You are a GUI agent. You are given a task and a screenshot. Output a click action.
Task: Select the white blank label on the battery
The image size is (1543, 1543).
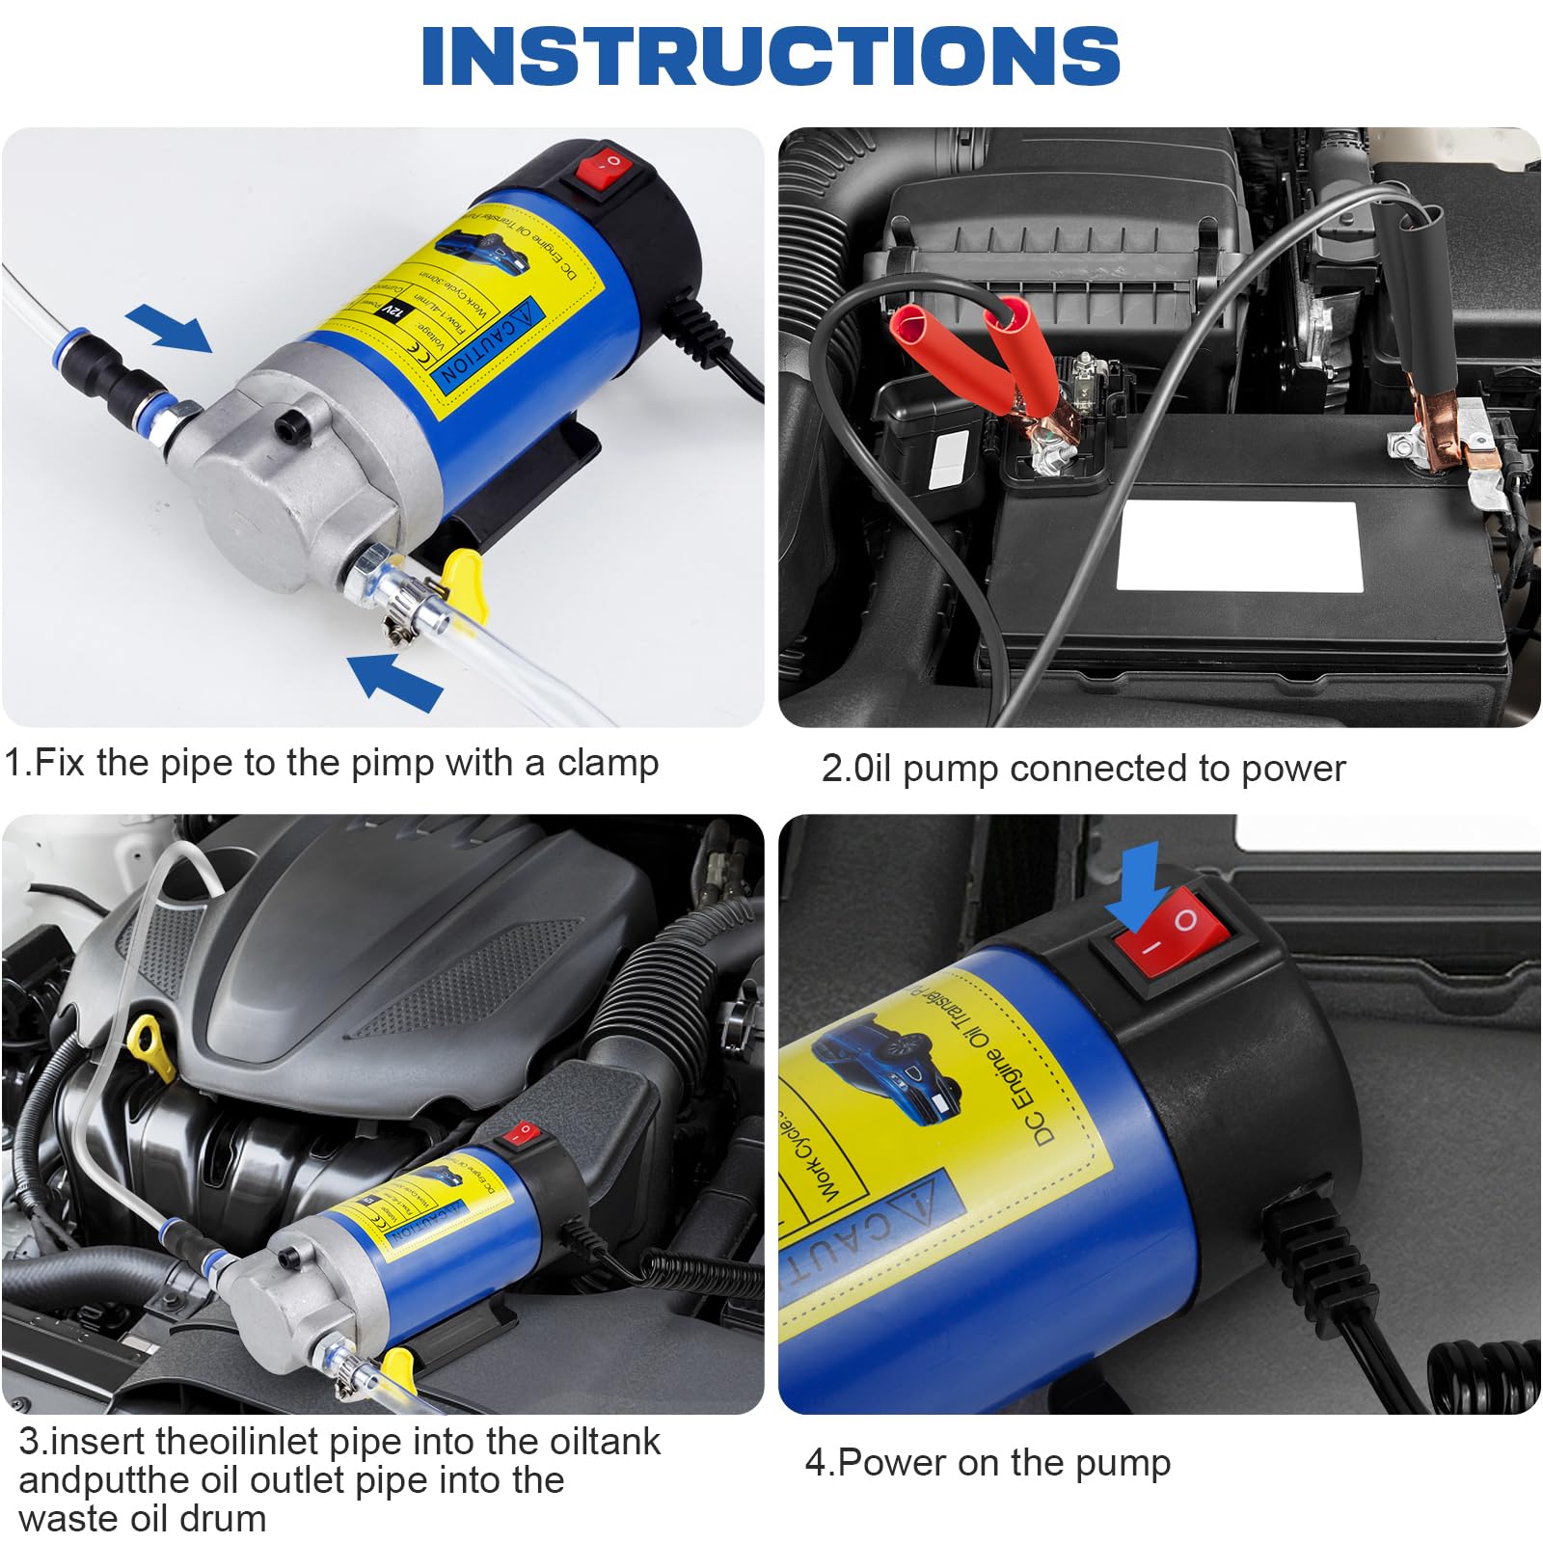(1238, 546)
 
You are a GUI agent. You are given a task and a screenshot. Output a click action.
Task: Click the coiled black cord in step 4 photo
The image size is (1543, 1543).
(1485, 1369)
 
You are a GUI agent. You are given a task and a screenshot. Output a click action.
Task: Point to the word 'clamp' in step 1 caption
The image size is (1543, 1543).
(607, 763)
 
